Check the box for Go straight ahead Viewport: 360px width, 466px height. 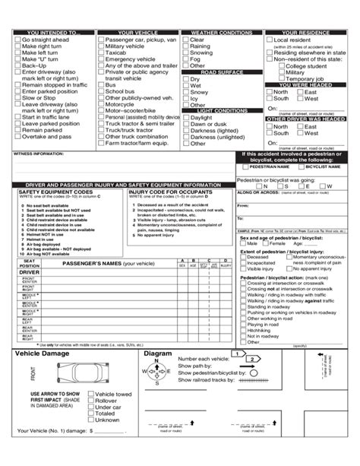click(17, 40)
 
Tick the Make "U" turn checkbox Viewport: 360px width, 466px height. click(17, 59)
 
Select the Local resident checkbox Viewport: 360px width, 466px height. click(270, 40)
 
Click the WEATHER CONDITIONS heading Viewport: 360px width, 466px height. click(221, 33)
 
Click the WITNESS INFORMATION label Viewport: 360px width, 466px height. click(38, 154)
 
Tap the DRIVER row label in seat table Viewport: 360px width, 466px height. click(29, 271)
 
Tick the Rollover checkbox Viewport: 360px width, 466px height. click(90, 401)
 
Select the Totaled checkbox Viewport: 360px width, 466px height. click(90, 413)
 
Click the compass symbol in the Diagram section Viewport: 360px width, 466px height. click(156, 372)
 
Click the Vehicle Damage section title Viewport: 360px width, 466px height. click(43, 353)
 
